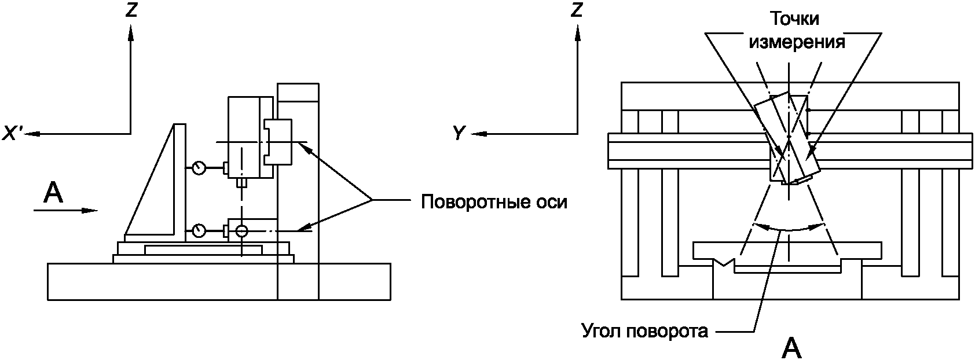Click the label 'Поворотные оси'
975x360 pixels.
pyautogui.click(x=494, y=203)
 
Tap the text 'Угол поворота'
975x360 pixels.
pyautogui.click(x=644, y=332)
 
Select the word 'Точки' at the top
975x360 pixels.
pyautogui.click(x=793, y=19)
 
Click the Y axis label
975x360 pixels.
pyautogui.click(x=459, y=134)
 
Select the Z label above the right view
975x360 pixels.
pyautogui.click(x=576, y=10)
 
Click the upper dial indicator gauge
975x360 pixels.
pyautogui.click(x=199, y=168)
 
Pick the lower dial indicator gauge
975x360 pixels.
pyautogui.click(x=199, y=231)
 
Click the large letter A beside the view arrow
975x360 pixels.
pyautogui.click(x=53, y=193)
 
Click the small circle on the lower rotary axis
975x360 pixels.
pyautogui.click(x=241, y=231)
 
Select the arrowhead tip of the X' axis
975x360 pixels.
pyautogui.click(x=27, y=134)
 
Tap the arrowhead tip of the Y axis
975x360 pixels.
pyautogui.click(x=474, y=134)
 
